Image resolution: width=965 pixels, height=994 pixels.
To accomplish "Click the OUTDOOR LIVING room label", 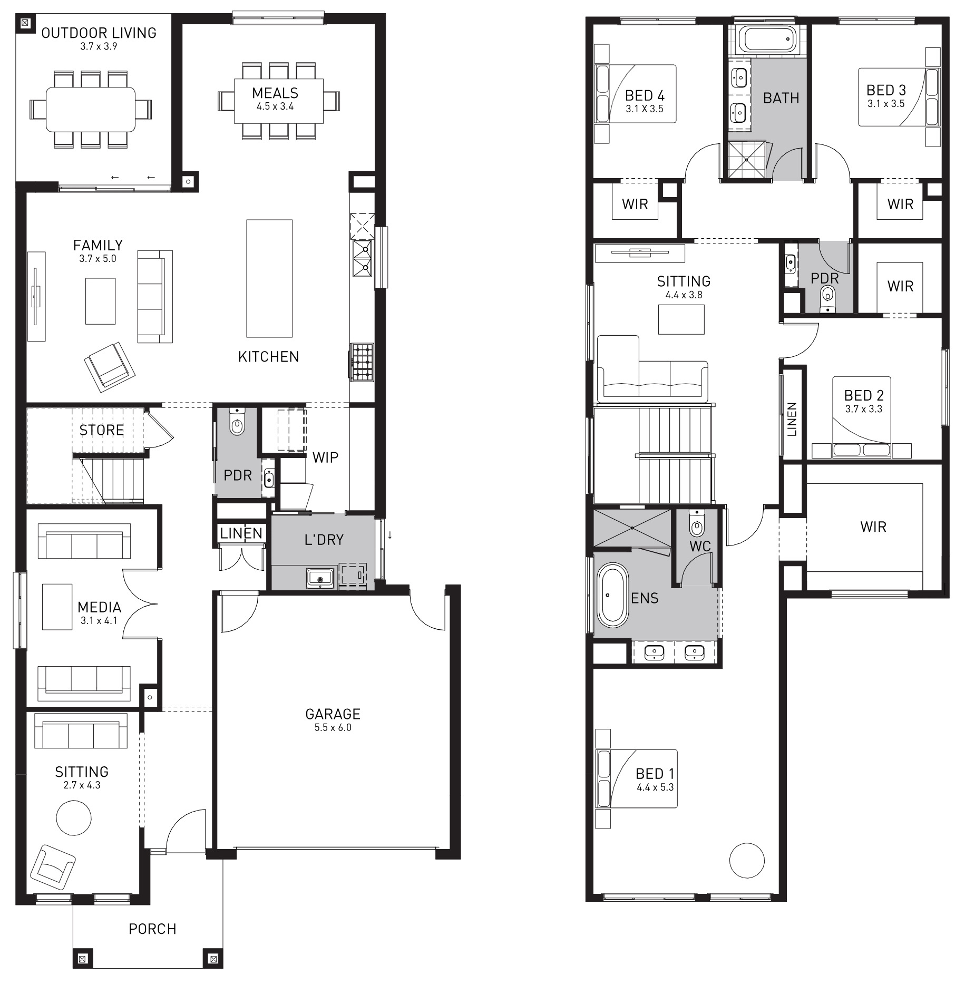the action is (x=99, y=33).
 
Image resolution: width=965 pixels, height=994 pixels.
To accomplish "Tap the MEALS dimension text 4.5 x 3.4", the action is (x=275, y=106).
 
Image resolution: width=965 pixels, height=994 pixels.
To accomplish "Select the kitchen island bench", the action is (x=269, y=278).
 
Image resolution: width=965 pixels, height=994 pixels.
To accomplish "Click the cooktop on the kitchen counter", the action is (x=363, y=362).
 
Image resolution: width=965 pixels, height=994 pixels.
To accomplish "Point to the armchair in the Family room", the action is (x=110, y=366).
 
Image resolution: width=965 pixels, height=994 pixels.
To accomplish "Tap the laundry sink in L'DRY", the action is (x=320, y=578).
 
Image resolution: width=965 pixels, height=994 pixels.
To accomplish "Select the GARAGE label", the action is (x=333, y=714).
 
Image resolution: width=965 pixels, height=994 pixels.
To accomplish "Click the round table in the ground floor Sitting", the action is (x=74, y=818).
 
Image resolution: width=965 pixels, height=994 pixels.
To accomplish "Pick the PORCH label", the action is (x=153, y=929).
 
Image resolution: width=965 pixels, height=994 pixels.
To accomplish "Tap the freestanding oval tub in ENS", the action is (x=612, y=596).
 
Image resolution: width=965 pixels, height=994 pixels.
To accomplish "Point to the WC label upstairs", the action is (x=700, y=547).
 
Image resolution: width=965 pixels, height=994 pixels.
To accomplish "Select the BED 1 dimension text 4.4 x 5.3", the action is (x=655, y=787).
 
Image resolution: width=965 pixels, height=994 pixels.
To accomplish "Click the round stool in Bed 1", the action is (x=747, y=860).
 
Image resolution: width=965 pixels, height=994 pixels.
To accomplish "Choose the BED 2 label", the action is (x=864, y=395).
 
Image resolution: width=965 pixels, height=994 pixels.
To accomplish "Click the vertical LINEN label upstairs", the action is (x=792, y=420).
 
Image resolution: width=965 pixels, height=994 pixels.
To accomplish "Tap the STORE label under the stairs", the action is (x=102, y=430).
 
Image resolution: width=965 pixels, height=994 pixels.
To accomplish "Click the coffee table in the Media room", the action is (x=57, y=607).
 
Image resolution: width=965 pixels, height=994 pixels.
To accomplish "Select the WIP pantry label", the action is (x=325, y=457).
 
